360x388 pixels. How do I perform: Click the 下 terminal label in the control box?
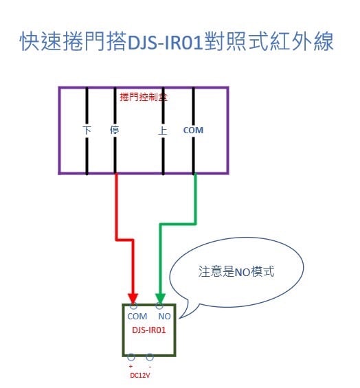pyautogui.click(x=87, y=130)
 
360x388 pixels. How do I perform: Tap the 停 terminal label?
pyautogui.click(x=115, y=130)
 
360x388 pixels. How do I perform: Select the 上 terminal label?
pyautogui.click(x=162, y=130)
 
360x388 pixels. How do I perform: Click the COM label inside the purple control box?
pyautogui.click(x=193, y=130)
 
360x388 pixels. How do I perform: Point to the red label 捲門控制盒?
pyautogui.click(x=144, y=97)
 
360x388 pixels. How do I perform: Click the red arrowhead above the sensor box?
pyautogui.click(x=133, y=299)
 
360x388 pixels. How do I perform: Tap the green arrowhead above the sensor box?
pyautogui.click(x=160, y=299)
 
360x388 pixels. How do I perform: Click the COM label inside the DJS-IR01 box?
pyautogui.click(x=137, y=317)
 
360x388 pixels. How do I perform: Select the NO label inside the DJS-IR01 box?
pyautogui.click(x=164, y=317)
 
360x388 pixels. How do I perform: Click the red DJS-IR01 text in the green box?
pyautogui.click(x=149, y=330)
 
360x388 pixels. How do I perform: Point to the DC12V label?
pyautogui.click(x=140, y=376)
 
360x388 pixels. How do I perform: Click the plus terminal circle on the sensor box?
pyautogui.click(x=131, y=357)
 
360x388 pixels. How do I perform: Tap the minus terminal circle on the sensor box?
pyautogui.click(x=150, y=357)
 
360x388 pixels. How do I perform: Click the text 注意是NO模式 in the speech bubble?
pyautogui.click(x=236, y=271)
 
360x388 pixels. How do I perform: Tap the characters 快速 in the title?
pyautogui.click(x=41, y=42)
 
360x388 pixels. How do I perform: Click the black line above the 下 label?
pyautogui.click(x=87, y=106)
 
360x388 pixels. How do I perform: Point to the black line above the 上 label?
pyautogui.click(x=163, y=106)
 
